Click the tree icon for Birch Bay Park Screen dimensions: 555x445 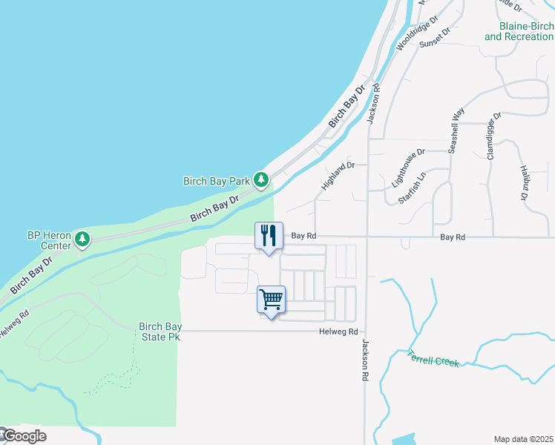pyautogui.click(x=260, y=180)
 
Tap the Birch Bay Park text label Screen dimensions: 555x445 pyautogui.click(x=217, y=180)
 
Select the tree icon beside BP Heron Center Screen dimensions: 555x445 pyautogui.click(x=83, y=239)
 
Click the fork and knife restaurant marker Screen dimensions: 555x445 pyautogui.click(x=269, y=236)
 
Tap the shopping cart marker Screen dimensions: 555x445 pyautogui.click(x=271, y=300)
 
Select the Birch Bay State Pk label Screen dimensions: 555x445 pyautogui.click(x=160, y=332)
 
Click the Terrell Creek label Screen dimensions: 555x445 pyautogui.click(x=434, y=358)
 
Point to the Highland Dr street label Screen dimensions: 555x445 pyautogui.click(x=338, y=177)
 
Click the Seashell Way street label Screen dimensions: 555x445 pyautogui.click(x=456, y=131)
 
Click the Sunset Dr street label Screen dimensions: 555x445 pyautogui.click(x=435, y=39)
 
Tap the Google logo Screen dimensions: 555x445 pyautogui.click(x=24, y=436)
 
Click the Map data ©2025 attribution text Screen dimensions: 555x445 pyautogui.click(x=523, y=439)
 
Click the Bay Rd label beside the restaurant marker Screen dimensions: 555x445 pyautogui.click(x=303, y=236)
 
